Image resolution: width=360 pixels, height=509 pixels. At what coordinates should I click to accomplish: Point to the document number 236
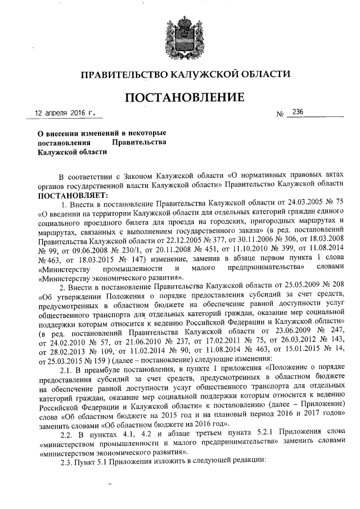pos(294,112)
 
